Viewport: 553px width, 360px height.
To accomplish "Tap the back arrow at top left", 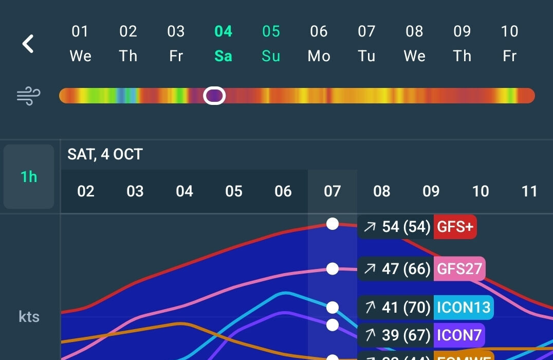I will pyautogui.click(x=28, y=44).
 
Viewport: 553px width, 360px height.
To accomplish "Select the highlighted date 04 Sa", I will pyautogui.click(x=223, y=43).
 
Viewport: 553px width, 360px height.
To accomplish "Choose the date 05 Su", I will pyautogui.click(x=271, y=43).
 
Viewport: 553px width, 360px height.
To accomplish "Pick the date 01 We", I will pyautogui.click(x=80, y=43).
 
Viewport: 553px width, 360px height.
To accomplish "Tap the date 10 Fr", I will pyautogui.click(x=509, y=43).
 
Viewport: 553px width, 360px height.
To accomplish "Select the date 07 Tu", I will pyautogui.click(x=366, y=43).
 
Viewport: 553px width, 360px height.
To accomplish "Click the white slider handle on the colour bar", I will pyautogui.click(x=214, y=96).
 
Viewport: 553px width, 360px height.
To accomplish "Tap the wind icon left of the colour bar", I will pyautogui.click(x=28, y=96).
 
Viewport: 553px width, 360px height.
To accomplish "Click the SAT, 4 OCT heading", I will pyautogui.click(x=105, y=154).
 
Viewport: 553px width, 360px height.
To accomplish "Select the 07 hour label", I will pyautogui.click(x=333, y=191).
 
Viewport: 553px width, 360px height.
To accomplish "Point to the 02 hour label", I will pyautogui.click(x=86, y=191).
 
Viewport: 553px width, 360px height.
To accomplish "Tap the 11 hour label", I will pyautogui.click(x=529, y=191).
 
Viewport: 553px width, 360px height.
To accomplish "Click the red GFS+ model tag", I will pyautogui.click(x=455, y=227).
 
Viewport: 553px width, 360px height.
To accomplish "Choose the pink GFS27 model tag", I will pyautogui.click(x=459, y=268).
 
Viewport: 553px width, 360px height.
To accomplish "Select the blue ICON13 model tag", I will pyautogui.click(x=463, y=308).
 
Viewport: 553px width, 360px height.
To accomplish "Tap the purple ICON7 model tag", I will pyautogui.click(x=459, y=335).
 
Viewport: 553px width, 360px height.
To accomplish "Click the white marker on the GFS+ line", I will pyautogui.click(x=333, y=224).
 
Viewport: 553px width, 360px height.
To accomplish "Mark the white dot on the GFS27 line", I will pyautogui.click(x=333, y=268).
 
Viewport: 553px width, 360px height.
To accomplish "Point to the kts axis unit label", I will pyautogui.click(x=29, y=316).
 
